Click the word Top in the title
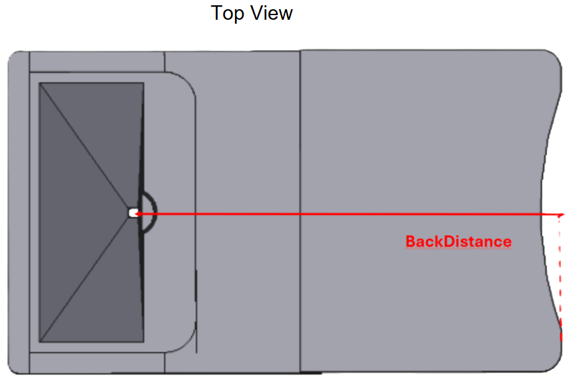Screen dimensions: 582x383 click(x=227, y=14)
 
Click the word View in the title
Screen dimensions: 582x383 click(x=271, y=13)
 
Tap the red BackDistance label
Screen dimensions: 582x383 click(x=458, y=242)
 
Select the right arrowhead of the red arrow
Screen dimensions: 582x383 click(x=560, y=215)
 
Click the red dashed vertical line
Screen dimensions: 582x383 click(x=560, y=278)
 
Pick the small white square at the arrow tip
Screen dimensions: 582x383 click(x=132, y=213)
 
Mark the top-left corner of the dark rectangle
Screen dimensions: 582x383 click(x=40, y=83)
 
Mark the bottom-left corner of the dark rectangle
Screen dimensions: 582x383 click(x=40, y=342)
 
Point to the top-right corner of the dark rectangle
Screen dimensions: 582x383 click(x=144, y=83)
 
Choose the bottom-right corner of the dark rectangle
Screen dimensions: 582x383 click(x=144, y=342)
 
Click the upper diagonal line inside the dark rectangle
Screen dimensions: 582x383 click(x=85, y=147)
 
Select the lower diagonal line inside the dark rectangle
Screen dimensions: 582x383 click(x=85, y=278)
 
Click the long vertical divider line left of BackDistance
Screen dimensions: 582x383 click(x=300, y=211)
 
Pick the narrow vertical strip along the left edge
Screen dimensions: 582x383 click(x=19, y=213)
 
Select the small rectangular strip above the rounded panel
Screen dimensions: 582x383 click(x=97, y=62)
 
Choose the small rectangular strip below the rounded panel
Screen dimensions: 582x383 click(x=97, y=363)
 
